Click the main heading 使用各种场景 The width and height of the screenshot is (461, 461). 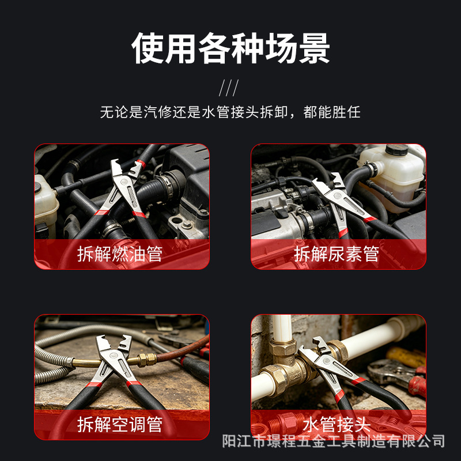coord(231,48)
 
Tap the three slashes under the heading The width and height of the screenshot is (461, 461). coord(229,88)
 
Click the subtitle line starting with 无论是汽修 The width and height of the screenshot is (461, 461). coord(230,112)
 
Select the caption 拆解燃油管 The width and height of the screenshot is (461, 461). coord(120,254)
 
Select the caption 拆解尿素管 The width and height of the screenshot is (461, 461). coord(337,254)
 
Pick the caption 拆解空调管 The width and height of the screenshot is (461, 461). coord(120,424)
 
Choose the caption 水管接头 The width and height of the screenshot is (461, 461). coord(337,424)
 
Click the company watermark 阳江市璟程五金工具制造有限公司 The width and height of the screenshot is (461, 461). coord(334,441)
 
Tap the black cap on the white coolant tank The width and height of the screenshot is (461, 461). coord(396,149)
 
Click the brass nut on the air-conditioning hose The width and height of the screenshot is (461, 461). coord(147,360)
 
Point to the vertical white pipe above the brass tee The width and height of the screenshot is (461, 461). coord(282,328)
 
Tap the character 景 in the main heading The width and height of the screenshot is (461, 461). coord(315,48)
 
